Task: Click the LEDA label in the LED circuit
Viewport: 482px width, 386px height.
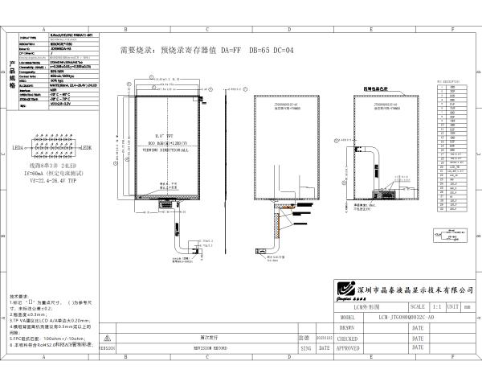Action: (18, 149)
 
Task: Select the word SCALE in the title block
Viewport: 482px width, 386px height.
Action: (418, 307)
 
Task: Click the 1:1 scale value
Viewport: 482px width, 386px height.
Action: (436, 307)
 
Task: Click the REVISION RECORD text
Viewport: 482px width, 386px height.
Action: (210, 348)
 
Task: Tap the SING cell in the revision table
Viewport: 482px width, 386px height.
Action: (304, 348)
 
